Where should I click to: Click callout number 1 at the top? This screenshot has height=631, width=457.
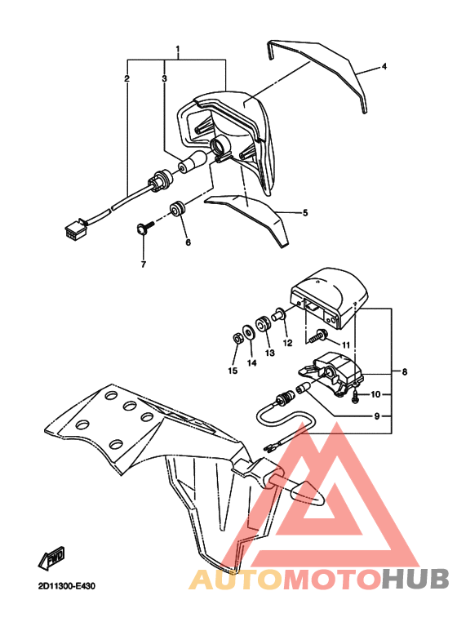tap(178, 51)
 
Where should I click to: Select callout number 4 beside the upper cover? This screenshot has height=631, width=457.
tap(384, 65)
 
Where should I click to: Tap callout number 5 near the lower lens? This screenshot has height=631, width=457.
tap(304, 213)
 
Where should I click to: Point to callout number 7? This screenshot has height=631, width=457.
tap(143, 264)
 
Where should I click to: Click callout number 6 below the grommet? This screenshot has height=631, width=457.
tap(187, 242)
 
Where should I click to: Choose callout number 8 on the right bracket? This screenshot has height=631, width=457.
tap(403, 371)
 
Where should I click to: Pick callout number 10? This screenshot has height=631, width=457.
tap(376, 394)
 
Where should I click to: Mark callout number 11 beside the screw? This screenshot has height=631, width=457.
tap(345, 345)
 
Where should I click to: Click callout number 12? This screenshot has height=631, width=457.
tap(287, 343)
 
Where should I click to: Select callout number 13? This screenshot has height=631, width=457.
tap(269, 353)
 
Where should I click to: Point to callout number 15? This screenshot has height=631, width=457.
tap(233, 371)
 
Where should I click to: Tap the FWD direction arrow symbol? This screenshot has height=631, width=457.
tap(51, 559)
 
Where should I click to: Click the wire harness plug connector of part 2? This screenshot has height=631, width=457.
tap(76, 228)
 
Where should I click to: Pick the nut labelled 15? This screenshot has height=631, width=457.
tap(237, 336)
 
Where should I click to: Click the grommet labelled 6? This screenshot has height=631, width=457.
tap(177, 210)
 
